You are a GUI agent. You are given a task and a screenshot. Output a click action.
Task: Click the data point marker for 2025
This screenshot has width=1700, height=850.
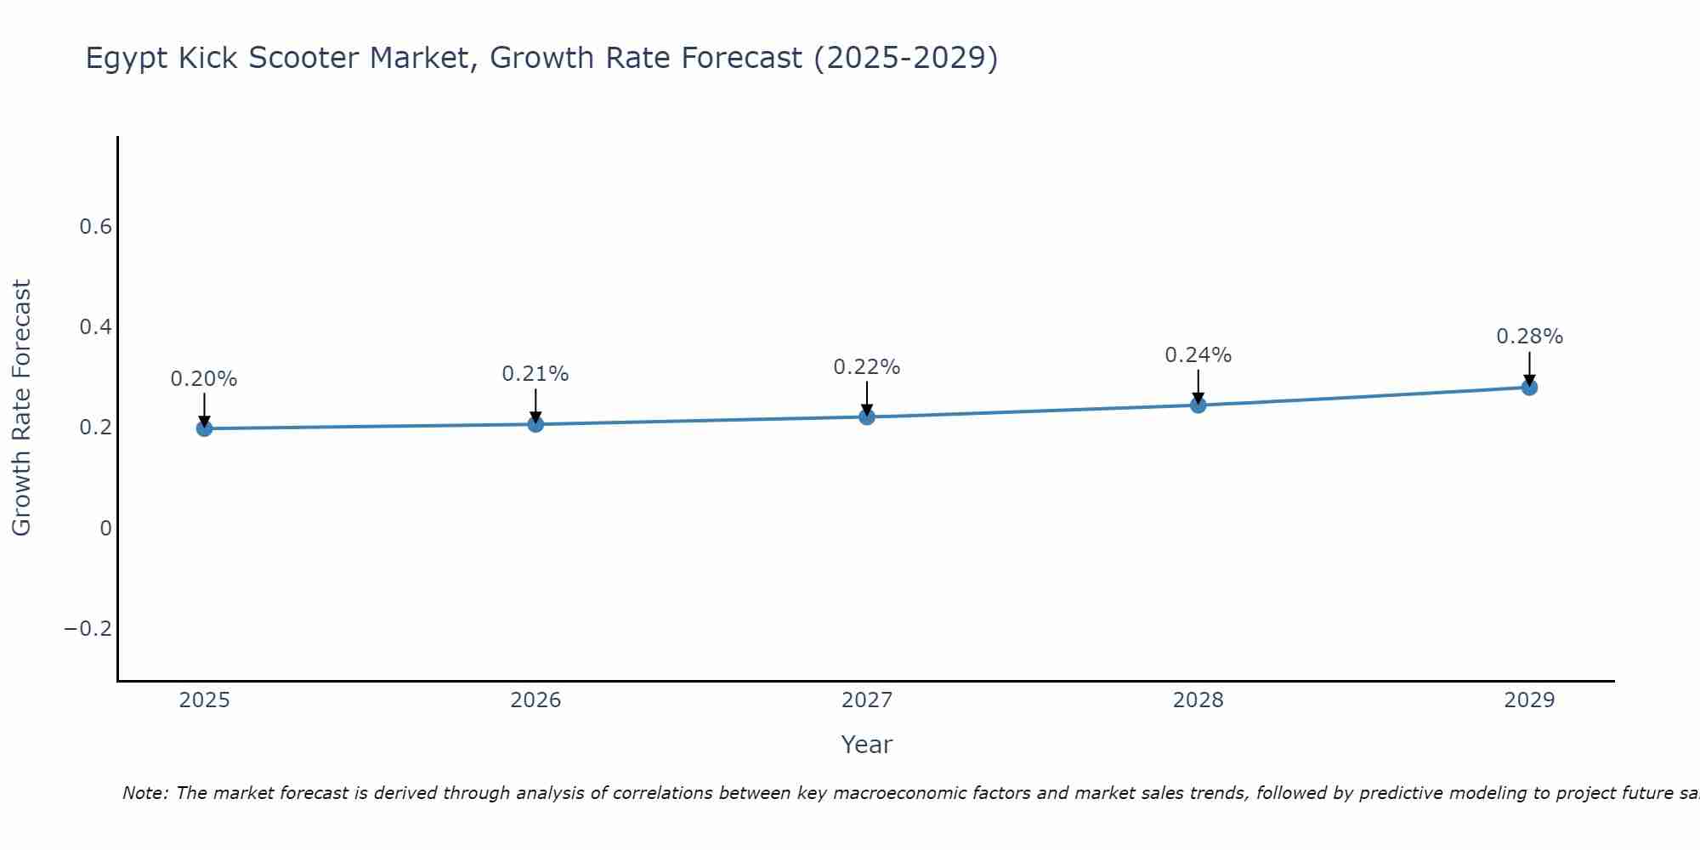point(204,428)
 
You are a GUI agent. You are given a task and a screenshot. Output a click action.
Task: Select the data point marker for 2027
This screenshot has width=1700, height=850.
point(867,416)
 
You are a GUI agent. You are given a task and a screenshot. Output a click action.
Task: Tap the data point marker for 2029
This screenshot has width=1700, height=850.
point(1529,388)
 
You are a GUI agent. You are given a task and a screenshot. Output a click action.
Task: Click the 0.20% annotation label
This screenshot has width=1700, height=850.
point(204,379)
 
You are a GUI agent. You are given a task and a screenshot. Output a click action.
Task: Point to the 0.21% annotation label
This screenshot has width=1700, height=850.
point(535,374)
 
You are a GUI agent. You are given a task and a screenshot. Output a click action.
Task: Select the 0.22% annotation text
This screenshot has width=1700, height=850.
point(867,367)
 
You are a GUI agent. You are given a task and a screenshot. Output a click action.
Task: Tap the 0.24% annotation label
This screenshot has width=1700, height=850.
point(1198,355)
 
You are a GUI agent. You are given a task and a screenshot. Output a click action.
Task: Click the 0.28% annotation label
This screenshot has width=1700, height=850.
point(1529,337)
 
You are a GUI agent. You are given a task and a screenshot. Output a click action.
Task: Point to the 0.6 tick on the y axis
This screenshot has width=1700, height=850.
point(95,227)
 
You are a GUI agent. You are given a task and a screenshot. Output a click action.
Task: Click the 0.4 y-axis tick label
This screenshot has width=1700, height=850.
point(95,327)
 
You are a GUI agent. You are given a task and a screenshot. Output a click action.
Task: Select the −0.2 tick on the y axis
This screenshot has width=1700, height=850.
point(88,629)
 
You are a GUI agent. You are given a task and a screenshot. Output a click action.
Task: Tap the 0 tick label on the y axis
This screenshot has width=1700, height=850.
point(105,529)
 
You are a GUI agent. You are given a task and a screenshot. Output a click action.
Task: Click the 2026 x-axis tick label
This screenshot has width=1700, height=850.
point(535,700)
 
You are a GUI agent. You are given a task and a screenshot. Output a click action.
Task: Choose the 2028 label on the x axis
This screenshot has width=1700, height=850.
point(1198,700)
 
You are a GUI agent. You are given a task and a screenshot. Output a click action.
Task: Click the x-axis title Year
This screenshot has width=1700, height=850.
point(866,745)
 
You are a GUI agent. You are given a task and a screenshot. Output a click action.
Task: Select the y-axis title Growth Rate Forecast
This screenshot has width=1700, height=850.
point(22,408)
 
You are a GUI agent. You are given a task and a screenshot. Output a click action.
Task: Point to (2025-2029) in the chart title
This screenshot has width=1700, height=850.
point(905,59)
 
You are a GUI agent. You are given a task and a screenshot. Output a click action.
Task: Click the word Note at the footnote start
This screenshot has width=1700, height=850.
point(145,794)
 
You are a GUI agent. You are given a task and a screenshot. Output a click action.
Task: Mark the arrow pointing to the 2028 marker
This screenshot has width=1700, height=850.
point(1198,387)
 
